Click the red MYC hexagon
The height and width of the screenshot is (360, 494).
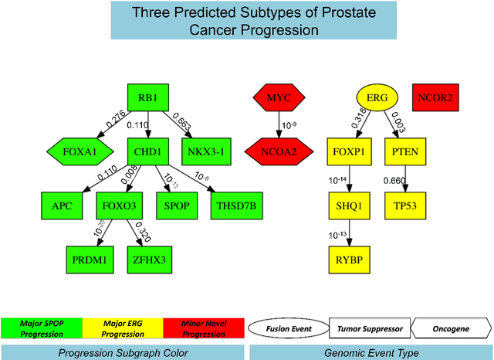(x=279, y=98)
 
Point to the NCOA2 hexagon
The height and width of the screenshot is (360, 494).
(x=279, y=151)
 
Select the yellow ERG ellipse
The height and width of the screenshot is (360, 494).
(x=377, y=98)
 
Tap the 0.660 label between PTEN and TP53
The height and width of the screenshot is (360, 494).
(x=395, y=180)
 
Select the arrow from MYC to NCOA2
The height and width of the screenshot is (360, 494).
(x=279, y=124)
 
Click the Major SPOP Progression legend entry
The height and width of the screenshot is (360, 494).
(x=41, y=328)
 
